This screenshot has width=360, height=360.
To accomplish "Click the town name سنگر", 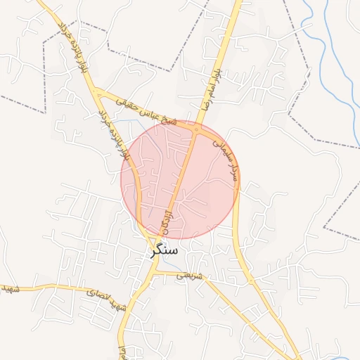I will (163, 250).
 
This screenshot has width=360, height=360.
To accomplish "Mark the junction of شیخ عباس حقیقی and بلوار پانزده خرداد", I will (100, 92).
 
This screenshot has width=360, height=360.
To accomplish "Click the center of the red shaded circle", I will (179, 180).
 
